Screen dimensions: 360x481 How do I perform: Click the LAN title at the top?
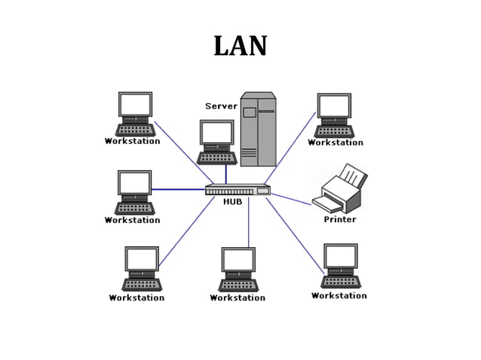tap(240, 47)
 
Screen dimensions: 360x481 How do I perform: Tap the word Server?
tap(221, 106)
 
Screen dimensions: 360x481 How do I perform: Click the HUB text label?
tap(232, 202)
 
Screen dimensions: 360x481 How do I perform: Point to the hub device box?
tap(237, 190)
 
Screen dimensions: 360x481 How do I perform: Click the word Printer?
tap(339, 220)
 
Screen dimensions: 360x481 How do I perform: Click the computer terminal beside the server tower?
tap(217, 142)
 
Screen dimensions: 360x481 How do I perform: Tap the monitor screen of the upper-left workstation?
tap(135, 104)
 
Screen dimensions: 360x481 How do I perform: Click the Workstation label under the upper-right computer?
tap(335, 142)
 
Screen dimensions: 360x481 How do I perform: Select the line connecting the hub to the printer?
tap(290, 199)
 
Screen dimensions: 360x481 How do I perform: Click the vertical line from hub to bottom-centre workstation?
tap(249, 222)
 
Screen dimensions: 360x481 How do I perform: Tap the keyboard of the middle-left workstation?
tap(134, 208)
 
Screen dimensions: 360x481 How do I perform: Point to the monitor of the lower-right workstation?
tap(341, 256)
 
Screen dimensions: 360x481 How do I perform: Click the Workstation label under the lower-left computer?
tap(136, 297)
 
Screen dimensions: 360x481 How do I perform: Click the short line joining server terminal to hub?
tap(225, 174)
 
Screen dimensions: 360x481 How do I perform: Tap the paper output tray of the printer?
tap(327, 204)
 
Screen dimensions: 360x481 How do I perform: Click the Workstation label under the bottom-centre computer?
tap(237, 297)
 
